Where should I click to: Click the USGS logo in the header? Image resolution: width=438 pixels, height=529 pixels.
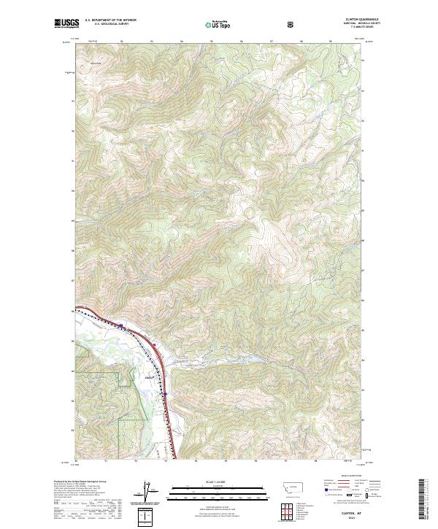pos(66,24)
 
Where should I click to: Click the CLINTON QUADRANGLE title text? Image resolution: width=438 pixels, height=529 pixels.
pos(355,21)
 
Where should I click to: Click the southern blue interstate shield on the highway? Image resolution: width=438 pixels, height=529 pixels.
pos(166,395)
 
